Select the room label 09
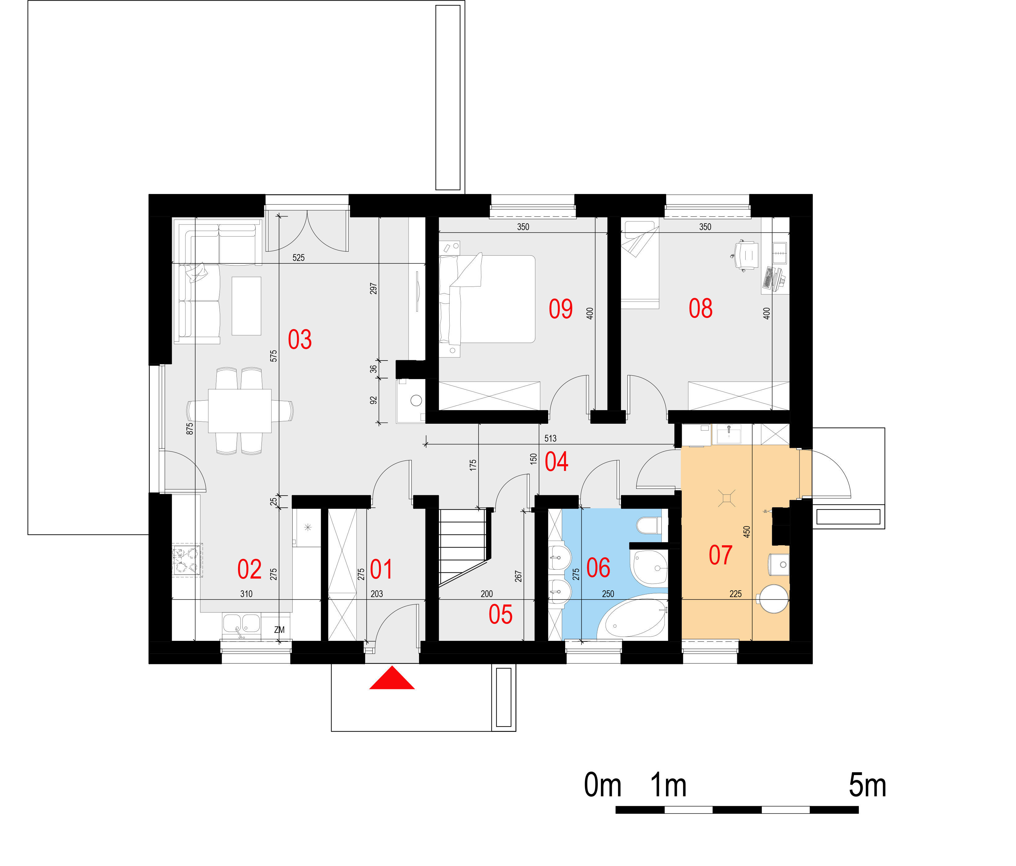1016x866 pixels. [x=561, y=309]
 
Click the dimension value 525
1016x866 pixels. [x=298, y=258]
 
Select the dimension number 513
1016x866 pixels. [x=550, y=438]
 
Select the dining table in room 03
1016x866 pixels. [x=240, y=411]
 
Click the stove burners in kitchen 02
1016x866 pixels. [x=187, y=560]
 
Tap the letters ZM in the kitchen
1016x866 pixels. [x=279, y=630]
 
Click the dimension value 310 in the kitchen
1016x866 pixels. [x=246, y=594]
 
